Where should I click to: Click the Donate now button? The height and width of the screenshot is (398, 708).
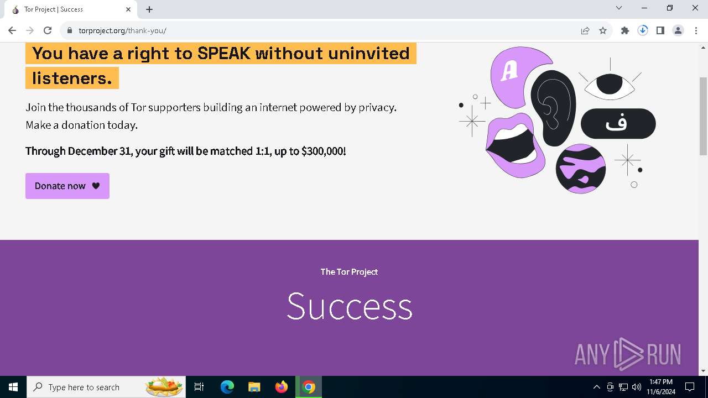coord(67,186)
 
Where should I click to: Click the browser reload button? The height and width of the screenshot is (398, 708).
coord(48,30)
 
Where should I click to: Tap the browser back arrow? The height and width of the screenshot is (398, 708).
coord(12,30)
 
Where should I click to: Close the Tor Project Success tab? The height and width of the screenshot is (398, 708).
coord(128,9)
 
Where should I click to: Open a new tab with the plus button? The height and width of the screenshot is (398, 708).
coord(149,9)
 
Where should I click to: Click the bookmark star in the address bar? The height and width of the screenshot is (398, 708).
coord(603,30)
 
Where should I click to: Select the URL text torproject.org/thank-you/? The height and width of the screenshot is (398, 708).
coord(122,30)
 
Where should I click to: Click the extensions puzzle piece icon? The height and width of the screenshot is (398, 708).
coord(625,30)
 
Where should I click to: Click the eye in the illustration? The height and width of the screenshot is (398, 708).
coord(610,85)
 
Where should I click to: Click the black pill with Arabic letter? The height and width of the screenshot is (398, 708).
coord(618,123)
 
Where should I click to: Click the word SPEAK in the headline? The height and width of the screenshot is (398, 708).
coord(224,54)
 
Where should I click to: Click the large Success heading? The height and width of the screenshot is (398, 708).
coord(349,306)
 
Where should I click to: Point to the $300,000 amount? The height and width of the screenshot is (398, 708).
coord(323,151)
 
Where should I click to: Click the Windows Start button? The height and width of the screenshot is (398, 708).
coord(13,387)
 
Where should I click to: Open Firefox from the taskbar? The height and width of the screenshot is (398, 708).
coord(282,387)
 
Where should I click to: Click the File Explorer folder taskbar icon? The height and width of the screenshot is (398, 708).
coord(254,387)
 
